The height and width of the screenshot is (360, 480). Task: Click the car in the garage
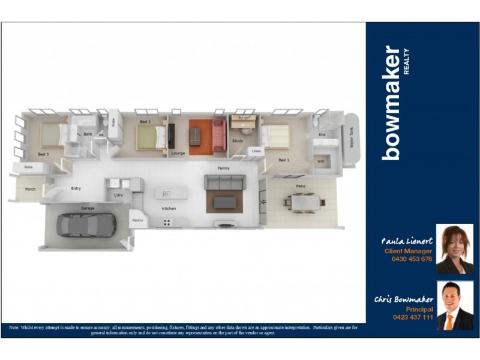coord(86,225)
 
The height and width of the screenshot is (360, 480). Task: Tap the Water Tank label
coord(352,139)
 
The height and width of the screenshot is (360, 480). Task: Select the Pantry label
coord(137,221)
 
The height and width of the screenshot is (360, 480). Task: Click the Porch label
coord(29,189)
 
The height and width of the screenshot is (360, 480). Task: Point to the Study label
coord(237,141)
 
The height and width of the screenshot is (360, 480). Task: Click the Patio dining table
coord(305,203)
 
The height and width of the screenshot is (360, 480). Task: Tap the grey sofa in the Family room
coord(224,182)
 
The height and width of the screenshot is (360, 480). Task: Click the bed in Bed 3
coord(53,135)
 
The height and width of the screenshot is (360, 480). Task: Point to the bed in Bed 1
coord(275,136)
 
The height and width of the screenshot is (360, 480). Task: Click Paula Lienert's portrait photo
coord(454,250)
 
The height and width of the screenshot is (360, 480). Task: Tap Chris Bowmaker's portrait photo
coord(454,305)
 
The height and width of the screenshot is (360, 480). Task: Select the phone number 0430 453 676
coord(411,259)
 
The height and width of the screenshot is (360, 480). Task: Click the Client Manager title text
coord(407,251)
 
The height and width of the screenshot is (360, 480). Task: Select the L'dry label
coord(118,195)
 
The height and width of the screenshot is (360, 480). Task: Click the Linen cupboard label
coord(256,151)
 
